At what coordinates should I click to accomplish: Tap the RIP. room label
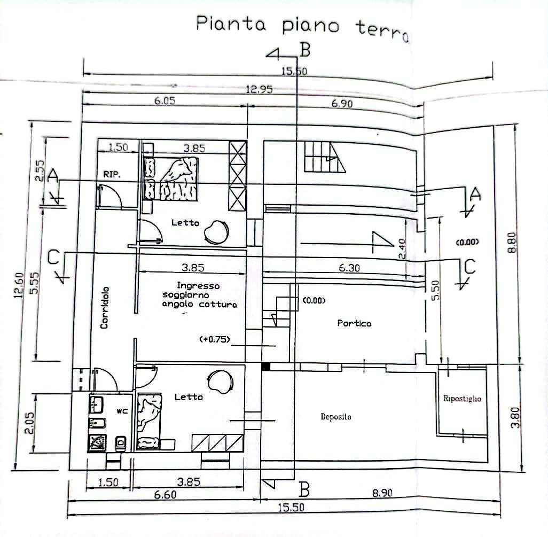point(112,174)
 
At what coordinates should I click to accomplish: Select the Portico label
point(354,323)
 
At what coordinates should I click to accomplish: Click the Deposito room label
point(336,417)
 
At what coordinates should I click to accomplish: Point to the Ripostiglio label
point(462,399)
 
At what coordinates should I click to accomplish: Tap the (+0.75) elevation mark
point(214,340)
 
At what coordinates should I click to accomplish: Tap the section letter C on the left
point(53,258)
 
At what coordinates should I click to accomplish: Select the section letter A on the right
point(474,195)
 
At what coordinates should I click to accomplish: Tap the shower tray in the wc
point(98,441)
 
